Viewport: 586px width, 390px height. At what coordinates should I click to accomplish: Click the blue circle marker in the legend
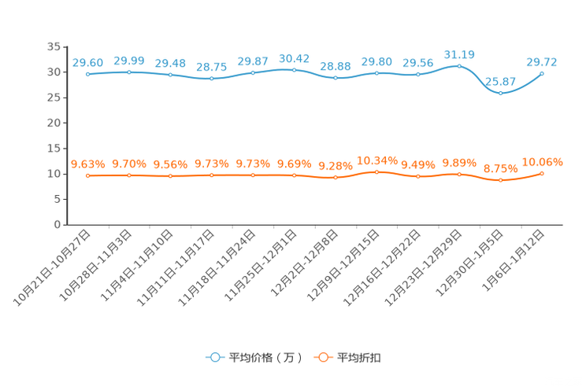click(214, 358)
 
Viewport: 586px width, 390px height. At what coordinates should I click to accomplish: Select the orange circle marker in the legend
click(322, 358)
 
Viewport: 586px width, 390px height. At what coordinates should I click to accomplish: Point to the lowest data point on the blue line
click(500, 93)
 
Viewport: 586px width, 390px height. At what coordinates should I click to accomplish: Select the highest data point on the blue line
click(459, 66)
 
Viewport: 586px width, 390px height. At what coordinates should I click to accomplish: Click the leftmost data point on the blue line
click(87, 74)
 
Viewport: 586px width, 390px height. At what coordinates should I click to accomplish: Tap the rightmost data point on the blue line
click(542, 73)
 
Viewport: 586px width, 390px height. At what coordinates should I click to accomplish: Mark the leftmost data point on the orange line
click(87, 175)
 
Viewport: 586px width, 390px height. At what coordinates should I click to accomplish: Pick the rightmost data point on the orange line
click(542, 173)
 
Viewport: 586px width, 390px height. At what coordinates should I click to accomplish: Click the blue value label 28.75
click(211, 68)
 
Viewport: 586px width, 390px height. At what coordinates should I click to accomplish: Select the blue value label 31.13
click(459, 54)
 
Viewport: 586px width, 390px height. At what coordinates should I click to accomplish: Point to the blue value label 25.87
click(500, 81)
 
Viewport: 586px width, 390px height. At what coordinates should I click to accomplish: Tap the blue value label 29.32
click(542, 61)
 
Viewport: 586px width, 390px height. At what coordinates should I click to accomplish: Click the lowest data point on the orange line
click(500, 180)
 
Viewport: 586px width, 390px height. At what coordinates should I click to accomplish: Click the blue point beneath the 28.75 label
click(211, 79)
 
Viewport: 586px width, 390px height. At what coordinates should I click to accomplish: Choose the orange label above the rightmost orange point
click(542, 162)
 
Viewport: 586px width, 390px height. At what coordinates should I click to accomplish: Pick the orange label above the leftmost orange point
click(87, 164)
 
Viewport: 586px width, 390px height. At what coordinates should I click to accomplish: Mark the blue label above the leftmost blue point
click(87, 62)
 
